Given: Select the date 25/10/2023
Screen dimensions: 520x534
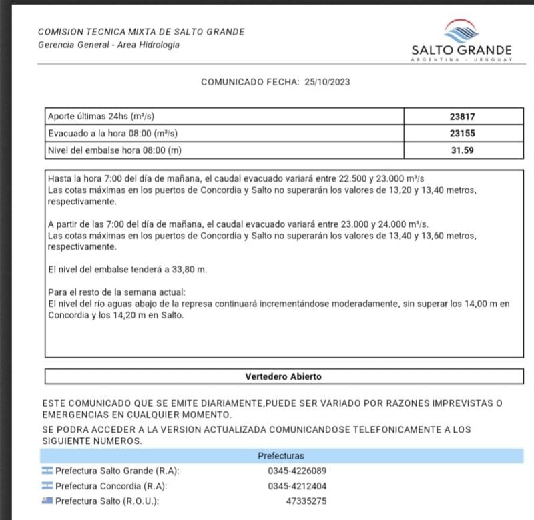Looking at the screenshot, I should pyautogui.click(x=328, y=82).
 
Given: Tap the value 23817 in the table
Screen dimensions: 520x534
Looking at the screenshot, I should pyautogui.click(x=462, y=116).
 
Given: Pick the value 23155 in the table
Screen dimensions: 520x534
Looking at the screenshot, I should pyautogui.click(x=462, y=133).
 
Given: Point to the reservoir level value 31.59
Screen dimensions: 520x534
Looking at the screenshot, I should pyautogui.click(x=462, y=150).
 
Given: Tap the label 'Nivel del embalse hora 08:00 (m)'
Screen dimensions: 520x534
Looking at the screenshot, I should pyautogui.click(x=115, y=150).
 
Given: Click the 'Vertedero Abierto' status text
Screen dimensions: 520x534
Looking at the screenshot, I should pyautogui.click(x=283, y=376).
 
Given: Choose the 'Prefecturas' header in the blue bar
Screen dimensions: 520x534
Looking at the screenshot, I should pyautogui.click(x=281, y=456).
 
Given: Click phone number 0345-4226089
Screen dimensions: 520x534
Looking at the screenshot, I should pyautogui.click(x=297, y=471).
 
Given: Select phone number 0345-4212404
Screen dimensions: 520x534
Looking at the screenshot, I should pyautogui.click(x=297, y=486).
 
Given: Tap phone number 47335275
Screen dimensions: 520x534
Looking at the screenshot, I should pyautogui.click(x=306, y=501).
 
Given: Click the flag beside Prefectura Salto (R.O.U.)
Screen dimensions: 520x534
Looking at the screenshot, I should pyautogui.click(x=47, y=501).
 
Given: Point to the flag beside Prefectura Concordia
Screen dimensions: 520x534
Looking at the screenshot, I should pyautogui.click(x=47, y=486).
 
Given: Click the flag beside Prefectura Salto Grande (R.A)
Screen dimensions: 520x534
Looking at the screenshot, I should pyautogui.click(x=47, y=471).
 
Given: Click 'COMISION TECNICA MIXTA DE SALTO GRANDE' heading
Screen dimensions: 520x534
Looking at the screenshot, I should pyautogui.click(x=142, y=32).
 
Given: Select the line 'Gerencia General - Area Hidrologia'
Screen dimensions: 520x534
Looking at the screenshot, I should pyautogui.click(x=109, y=45).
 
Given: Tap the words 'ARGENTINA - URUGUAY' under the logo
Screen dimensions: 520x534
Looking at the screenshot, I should pyautogui.click(x=462, y=61).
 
